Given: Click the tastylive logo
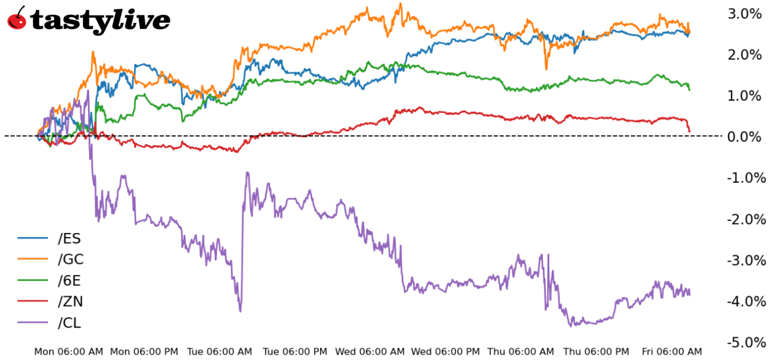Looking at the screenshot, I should coord(88,20).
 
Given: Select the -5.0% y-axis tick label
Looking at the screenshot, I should coord(744,342).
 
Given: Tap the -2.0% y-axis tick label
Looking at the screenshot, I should coord(744,220).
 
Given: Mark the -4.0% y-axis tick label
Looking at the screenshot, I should coord(744,301).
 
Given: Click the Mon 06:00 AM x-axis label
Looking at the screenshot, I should coord(69,352).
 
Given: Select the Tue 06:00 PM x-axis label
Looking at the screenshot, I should coord(295,352).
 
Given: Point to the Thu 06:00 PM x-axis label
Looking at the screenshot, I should coord(596,352).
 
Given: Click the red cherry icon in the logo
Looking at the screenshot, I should coord(17,19).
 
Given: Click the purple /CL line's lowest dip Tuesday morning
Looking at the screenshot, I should coord(240,311).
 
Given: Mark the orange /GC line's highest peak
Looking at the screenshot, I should coord(401,4).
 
